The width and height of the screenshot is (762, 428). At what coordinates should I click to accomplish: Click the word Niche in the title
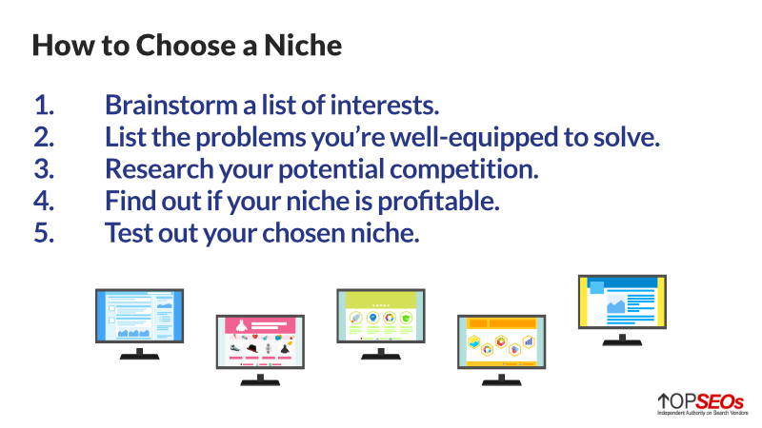(303, 46)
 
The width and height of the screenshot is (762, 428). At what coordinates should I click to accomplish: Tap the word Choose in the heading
(186, 46)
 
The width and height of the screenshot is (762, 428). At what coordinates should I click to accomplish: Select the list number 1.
(44, 106)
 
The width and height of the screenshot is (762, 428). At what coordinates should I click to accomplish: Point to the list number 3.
(44, 169)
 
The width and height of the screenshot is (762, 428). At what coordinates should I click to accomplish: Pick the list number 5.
(44, 233)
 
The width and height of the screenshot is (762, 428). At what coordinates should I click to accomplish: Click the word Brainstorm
(171, 106)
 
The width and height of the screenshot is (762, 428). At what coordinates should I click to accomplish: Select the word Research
(159, 169)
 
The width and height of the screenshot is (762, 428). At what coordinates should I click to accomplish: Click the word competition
(464, 170)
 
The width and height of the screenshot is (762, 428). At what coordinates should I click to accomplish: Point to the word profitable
(438, 202)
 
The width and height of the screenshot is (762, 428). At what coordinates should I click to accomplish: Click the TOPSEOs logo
(702, 404)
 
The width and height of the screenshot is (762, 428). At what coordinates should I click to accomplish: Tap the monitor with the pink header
(260, 350)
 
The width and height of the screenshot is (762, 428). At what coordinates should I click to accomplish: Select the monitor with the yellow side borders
(623, 310)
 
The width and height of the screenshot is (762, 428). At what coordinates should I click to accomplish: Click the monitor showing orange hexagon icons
(502, 350)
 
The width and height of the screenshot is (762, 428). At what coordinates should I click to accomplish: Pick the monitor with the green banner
(381, 324)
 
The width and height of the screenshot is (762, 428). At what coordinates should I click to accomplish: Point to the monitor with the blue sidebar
(139, 324)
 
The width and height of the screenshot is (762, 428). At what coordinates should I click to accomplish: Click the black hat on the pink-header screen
(251, 348)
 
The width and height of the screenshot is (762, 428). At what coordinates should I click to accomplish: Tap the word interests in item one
(385, 106)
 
